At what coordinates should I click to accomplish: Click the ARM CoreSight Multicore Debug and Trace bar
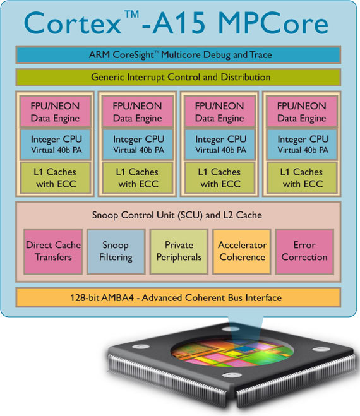[x=178, y=55]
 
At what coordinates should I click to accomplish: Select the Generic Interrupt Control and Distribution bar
[x=178, y=77]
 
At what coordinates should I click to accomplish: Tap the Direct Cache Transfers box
[x=53, y=251]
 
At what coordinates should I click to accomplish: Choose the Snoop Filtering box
[x=116, y=251]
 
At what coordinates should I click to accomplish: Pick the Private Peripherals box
[x=179, y=251]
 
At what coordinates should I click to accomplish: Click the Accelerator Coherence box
[x=242, y=251]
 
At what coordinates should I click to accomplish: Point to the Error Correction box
[x=304, y=251]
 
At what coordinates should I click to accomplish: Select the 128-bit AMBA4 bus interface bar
[x=178, y=297]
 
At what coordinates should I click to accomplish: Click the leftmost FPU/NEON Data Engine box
[x=55, y=112]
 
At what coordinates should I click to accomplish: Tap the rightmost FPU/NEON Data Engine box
[x=302, y=112]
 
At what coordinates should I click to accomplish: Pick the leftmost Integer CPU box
[x=55, y=145]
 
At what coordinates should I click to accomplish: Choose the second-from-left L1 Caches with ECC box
[x=138, y=177]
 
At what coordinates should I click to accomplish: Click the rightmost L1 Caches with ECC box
[x=302, y=177]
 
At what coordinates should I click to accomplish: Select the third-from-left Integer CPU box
[x=220, y=145]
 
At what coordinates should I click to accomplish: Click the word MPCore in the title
[x=273, y=23]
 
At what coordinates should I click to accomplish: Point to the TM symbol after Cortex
[x=131, y=14]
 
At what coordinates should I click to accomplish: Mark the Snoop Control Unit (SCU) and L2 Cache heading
[x=177, y=215]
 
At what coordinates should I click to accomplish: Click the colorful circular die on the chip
[x=232, y=352]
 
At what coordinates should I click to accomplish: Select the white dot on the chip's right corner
[x=321, y=349]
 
